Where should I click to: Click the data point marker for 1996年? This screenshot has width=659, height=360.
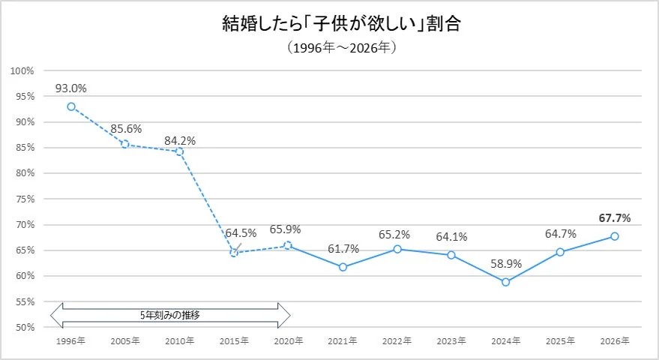[x=71, y=106]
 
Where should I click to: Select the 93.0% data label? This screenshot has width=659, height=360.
[x=71, y=88]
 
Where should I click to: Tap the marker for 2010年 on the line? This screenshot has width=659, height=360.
[x=179, y=151]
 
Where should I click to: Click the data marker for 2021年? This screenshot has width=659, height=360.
[x=343, y=267]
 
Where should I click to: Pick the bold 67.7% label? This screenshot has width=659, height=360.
[x=614, y=218]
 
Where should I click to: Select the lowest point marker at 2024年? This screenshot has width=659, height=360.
[x=505, y=282]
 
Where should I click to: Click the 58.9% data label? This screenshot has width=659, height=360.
[x=505, y=264]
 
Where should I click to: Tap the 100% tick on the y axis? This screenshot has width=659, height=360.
[x=23, y=70]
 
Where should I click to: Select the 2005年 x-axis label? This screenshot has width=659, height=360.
[x=125, y=341]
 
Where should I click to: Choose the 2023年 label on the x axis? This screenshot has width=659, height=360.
[x=451, y=341]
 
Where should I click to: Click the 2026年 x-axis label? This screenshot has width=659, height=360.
[x=614, y=341]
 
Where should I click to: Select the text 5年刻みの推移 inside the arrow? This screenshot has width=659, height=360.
[x=169, y=315]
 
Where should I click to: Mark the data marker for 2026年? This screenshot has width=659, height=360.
[x=614, y=236]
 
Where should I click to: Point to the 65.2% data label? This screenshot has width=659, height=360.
[x=397, y=235]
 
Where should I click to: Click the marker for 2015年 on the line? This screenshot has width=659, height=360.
[x=234, y=253]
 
